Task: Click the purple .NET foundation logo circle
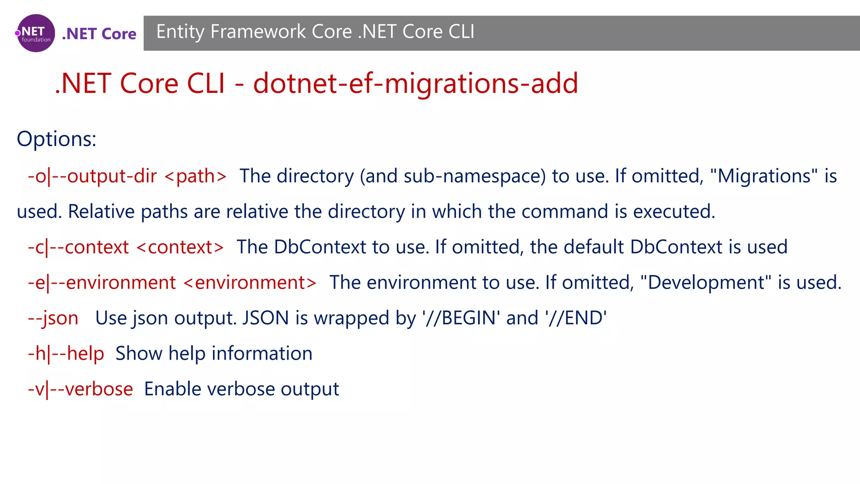(x=36, y=33)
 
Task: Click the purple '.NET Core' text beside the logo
(x=99, y=34)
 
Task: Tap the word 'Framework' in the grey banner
(x=258, y=32)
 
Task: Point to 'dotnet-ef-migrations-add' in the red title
(x=415, y=83)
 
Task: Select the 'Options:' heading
(x=56, y=139)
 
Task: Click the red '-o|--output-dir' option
(x=92, y=176)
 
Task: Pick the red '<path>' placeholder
(x=196, y=176)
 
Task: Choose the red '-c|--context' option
(x=78, y=247)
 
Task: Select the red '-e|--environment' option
(x=102, y=283)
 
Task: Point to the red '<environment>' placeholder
(x=250, y=283)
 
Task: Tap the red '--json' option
(x=53, y=318)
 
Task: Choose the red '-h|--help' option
(x=66, y=354)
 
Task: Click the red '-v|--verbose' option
(x=80, y=389)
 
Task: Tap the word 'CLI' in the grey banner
(x=461, y=32)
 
